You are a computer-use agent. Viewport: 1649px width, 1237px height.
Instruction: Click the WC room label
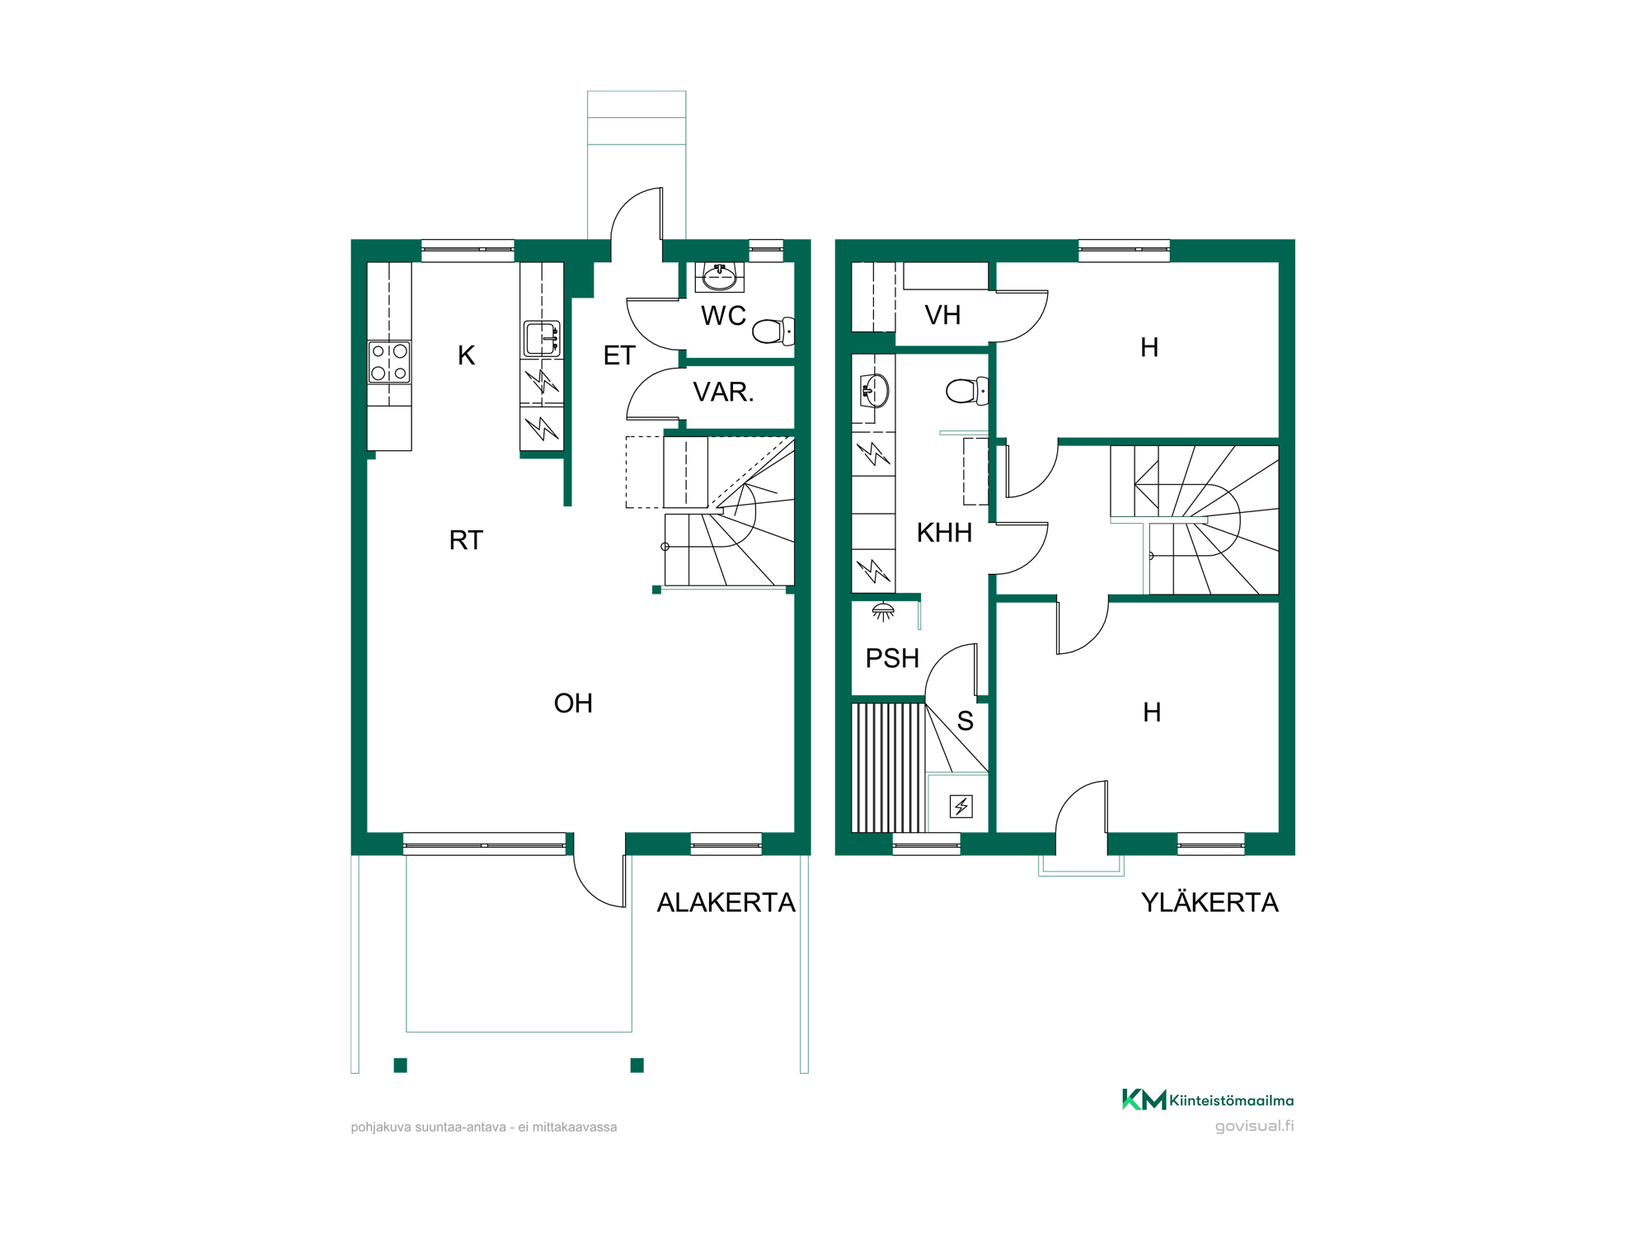click(x=723, y=316)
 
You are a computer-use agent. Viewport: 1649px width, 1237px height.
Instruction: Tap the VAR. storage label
click(x=723, y=392)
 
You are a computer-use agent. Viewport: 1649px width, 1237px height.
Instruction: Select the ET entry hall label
click(x=619, y=355)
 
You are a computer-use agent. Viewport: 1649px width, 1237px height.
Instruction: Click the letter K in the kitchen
click(x=467, y=355)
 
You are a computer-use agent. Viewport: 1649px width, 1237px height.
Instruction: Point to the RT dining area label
click(x=466, y=540)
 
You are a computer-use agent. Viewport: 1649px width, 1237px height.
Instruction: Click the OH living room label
click(x=573, y=703)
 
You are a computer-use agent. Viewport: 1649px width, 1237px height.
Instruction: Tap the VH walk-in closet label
click(x=942, y=315)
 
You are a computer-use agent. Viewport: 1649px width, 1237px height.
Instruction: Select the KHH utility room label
click(x=945, y=533)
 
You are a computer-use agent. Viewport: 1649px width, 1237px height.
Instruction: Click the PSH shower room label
click(x=892, y=658)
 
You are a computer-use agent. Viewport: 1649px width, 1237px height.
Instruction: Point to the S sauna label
click(x=965, y=722)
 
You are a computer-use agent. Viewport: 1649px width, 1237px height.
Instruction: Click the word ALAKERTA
click(x=726, y=903)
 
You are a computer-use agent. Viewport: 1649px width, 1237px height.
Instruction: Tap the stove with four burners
click(x=389, y=362)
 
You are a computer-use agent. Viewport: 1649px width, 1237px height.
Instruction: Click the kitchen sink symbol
click(x=542, y=339)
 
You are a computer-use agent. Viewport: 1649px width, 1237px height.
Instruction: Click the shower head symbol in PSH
click(x=883, y=612)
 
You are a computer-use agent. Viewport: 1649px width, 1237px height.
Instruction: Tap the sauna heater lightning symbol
click(x=961, y=806)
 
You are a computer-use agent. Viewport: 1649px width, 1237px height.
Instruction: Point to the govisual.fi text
click(x=1254, y=1126)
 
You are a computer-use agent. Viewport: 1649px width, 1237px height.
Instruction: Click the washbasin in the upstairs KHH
click(x=874, y=391)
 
